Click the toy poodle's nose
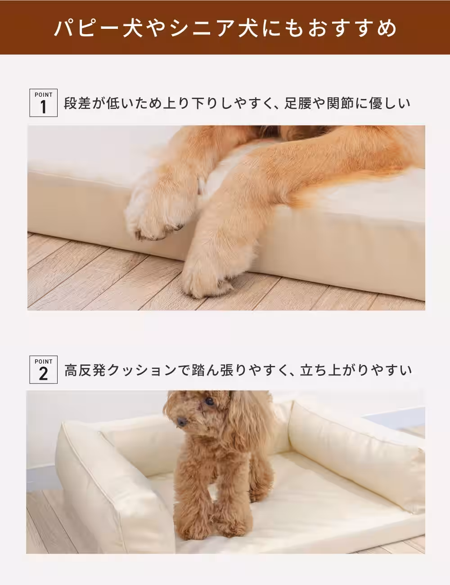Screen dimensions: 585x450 181,422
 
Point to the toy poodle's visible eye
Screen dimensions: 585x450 208,400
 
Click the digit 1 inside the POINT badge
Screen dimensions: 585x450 43,108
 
